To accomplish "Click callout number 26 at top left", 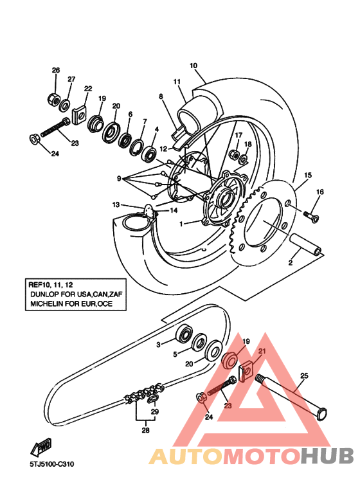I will click(x=55, y=70).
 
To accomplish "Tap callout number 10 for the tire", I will click(x=194, y=66).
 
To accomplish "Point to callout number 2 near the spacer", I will click(x=290, y=264).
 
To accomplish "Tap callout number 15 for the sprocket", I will click(x=308, y=175).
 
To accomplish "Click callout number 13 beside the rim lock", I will click(x=116, y=204).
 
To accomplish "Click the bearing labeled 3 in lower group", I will click(x=184, y=334).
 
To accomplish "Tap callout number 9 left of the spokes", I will click(x=118, y=178).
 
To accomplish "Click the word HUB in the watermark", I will click(x=327, y=456).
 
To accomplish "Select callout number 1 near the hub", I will click(x=182, y=224).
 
